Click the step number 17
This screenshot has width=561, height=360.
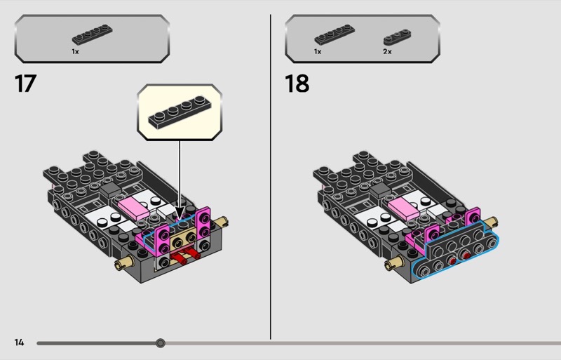click(25, 84)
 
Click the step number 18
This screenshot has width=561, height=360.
click(297, 84)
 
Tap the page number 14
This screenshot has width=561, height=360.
click(19, 342)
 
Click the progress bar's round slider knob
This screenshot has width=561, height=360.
click(161, 343)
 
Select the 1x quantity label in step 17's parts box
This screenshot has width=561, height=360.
click(75, 52)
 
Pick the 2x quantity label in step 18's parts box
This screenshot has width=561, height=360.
click(387, 52)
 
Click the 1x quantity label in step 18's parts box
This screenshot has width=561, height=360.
click(318, 52)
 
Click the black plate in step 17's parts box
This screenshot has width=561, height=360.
click(93, 34)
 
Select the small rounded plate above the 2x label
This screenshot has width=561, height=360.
click(397, 37)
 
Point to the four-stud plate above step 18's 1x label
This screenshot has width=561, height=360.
click(334, 34)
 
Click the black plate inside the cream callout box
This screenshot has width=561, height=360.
click(180, 112)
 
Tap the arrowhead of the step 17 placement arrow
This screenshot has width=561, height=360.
click(180, 213)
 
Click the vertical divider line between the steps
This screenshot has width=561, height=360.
click(271, 177)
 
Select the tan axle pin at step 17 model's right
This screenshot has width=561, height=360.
click(222, 222)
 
